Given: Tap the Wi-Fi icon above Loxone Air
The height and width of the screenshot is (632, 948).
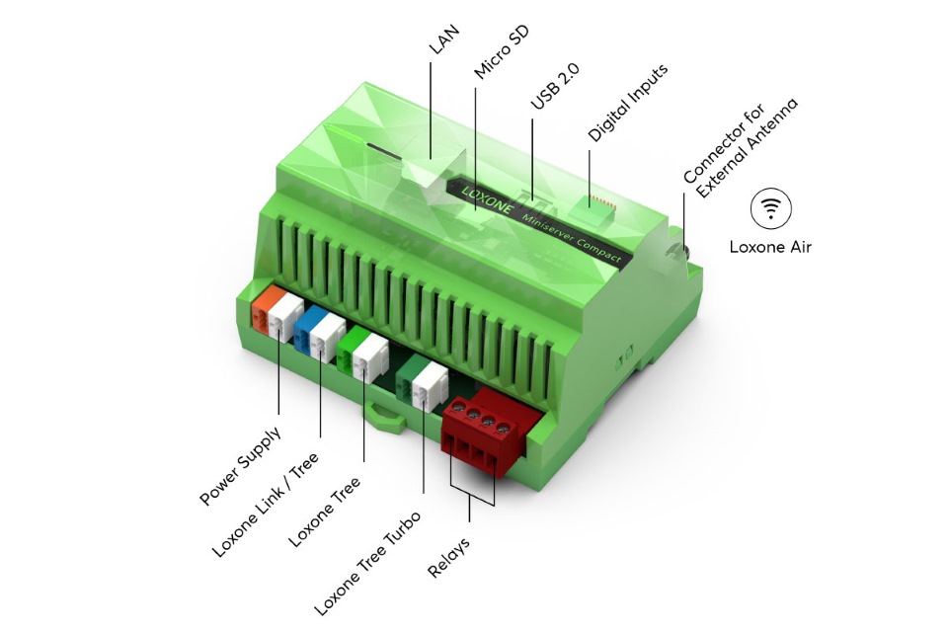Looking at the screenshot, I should point(770,207).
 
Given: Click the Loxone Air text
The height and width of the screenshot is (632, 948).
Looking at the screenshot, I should point(770,247).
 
